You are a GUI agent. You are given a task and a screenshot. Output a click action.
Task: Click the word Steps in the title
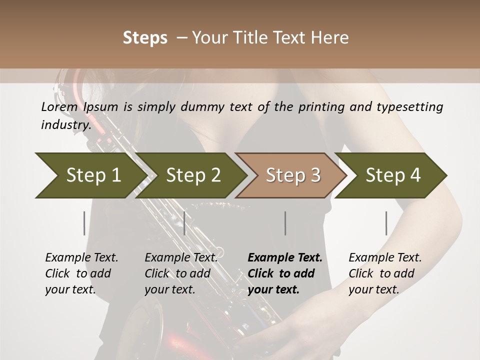tap(145, 38)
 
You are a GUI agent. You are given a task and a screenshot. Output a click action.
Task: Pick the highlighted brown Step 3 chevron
tap(293, 175)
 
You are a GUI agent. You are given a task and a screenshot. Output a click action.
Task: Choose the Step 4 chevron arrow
tap(393, 175)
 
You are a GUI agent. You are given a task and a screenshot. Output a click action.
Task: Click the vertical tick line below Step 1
tap(84, 223)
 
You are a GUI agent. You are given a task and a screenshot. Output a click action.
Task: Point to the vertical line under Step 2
tap(184, 223)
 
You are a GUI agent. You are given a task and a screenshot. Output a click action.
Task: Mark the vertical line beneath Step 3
tap(285, 223)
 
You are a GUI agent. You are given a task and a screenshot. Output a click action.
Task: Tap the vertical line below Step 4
tap(386, 223)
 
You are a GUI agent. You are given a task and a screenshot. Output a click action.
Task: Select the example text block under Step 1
tap(81, 273)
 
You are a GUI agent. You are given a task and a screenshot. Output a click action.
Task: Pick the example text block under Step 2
tap(181, 273)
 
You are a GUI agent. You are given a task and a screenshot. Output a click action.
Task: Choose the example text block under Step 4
tap(385, 273)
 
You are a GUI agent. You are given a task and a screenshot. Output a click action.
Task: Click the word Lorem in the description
tap(59, 107)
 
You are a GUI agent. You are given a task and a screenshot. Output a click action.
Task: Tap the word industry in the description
tap(65, 125)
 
